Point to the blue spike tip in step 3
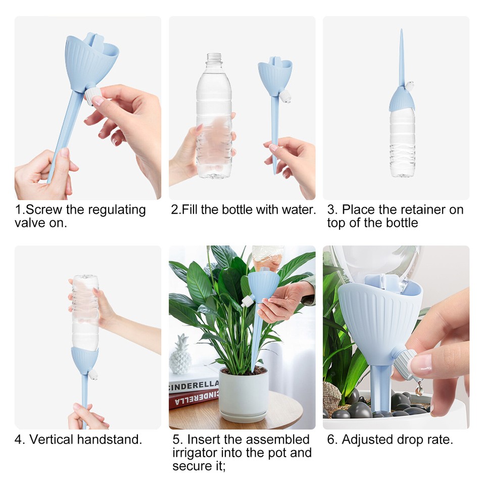[x=402, y=38]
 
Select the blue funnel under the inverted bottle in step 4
[x=84, y=360]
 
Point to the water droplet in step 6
[x=419, y=389]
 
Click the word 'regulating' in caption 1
[x=114, y=210]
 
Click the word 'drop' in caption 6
[x=408, y=440]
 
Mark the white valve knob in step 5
[x=248, y=301]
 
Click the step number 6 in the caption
[x=331, y=440]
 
